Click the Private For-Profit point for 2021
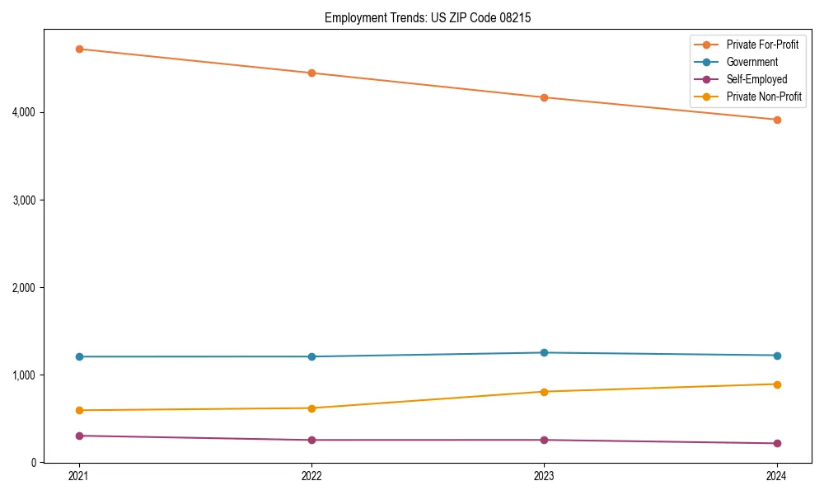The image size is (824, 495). tap(79, 49)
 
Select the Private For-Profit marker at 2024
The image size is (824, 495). tap(777, 120)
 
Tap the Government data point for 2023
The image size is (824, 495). tap(544, 352)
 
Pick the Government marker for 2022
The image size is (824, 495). tap(311, 356)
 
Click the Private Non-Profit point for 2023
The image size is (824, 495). tap(544, 391)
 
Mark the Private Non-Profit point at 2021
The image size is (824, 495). tap(79, 410)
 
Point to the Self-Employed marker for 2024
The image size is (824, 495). tap(777, 443)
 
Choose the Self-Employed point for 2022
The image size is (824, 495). tap(311, 440)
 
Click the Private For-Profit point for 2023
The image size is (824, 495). tap(544, 97)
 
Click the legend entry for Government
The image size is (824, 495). tap(751, 62)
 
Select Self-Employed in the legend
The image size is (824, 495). tap(756, 79)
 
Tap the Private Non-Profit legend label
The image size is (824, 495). tap(764, 97)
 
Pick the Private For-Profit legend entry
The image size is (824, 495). tap(762, 45)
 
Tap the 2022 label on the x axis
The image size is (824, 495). tap(311, 476)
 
